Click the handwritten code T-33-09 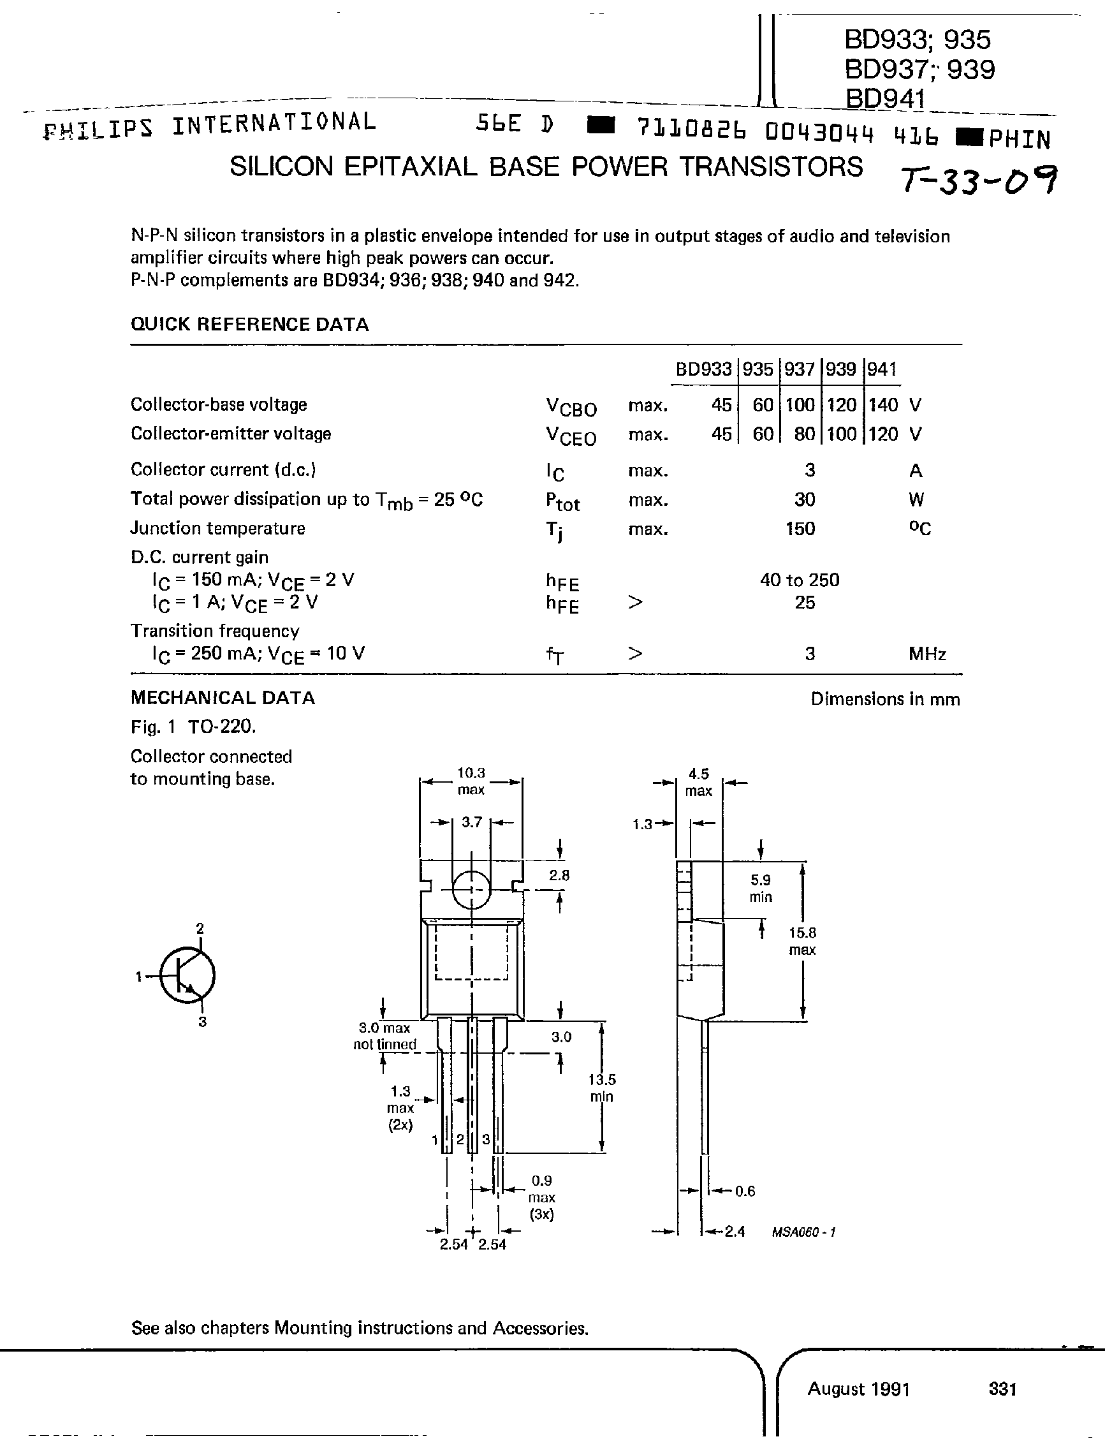pos(979,179)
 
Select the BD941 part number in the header pos(885,98)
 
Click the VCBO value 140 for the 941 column pos(882,404)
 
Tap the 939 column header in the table pos(840,369)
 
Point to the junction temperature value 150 pos(800,529)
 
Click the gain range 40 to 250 pos(799,580)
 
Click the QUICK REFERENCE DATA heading pos(249,324)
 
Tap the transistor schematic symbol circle pos(187,976)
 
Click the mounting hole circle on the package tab pos(472,889)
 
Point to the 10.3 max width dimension pos(471,781)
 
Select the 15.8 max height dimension pos(802,941)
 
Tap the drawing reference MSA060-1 pos(803,1232)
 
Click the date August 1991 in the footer pos(858,1389)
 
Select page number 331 pos(1002,1389)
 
